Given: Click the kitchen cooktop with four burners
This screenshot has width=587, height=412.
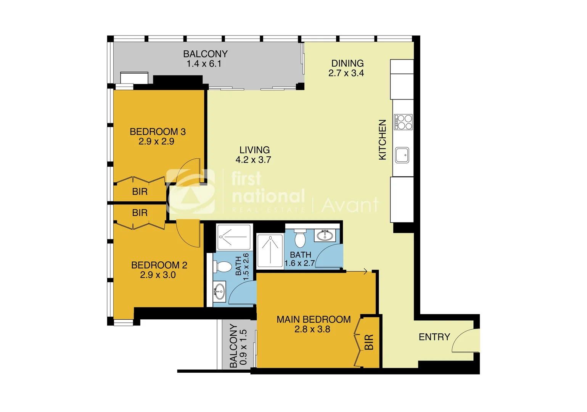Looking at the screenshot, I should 403,122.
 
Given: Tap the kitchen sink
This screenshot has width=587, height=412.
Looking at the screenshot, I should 402,155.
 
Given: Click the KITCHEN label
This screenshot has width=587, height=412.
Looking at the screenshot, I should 382,140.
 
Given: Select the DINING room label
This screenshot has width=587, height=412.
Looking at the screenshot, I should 347,63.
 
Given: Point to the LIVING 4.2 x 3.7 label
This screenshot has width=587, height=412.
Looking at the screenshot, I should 254,155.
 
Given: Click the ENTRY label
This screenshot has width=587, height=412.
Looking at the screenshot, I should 434,337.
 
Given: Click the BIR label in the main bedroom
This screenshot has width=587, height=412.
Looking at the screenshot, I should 369,342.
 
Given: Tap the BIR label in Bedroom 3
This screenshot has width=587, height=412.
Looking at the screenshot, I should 140,192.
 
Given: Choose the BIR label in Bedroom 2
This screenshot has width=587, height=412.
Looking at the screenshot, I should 140,212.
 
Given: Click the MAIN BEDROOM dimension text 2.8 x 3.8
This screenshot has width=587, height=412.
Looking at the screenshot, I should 312,329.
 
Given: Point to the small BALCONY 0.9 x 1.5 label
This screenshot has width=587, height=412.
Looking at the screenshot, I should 238,346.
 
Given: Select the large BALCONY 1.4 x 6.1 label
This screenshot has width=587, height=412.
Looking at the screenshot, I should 205,59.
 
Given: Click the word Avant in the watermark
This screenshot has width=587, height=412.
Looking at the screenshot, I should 350,205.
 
